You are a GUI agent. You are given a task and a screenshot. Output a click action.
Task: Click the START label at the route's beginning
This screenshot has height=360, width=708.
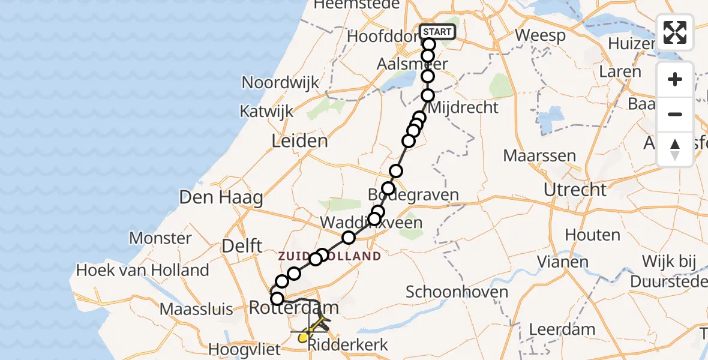point(438,32)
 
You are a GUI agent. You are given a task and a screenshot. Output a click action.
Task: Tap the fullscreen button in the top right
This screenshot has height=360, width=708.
point(675,32)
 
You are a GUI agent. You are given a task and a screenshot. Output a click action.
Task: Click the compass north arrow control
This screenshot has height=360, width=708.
point(675,149)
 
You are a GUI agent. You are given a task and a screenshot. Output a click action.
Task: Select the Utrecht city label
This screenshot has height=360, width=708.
point(575,190)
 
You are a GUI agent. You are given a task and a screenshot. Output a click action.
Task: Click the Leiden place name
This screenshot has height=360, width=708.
point(300,142)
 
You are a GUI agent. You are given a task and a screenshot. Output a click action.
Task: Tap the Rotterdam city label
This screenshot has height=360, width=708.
point(294,308)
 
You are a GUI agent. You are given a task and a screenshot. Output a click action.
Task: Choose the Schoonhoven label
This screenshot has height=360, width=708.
point(457,292)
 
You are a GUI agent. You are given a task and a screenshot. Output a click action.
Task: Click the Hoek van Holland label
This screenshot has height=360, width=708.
point(142,270)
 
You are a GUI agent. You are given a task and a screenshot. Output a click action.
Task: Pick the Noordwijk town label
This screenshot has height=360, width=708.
point(280,83)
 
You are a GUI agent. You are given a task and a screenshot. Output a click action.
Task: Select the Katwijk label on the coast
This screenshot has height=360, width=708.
point(266,111)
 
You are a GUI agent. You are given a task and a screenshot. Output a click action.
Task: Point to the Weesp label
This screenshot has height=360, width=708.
point(540,35)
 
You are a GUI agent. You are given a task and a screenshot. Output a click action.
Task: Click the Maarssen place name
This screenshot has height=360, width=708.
point(539,156)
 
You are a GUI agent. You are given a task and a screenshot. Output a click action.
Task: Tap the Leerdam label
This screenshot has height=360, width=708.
point(562,329)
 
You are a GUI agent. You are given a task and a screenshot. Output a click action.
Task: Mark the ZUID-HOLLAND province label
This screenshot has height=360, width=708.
point(329,256)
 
